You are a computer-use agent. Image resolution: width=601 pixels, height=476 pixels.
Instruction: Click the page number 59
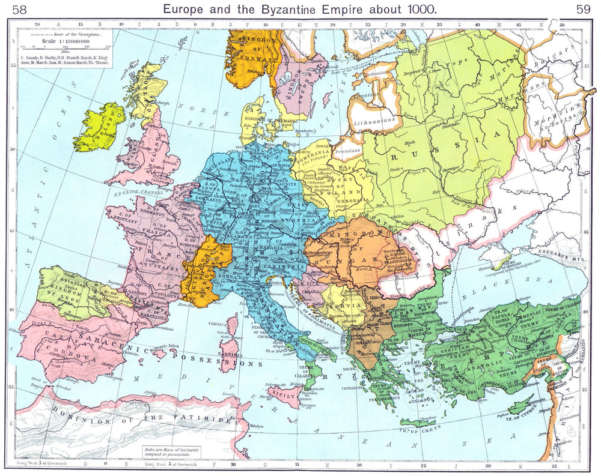coord(584,9)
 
